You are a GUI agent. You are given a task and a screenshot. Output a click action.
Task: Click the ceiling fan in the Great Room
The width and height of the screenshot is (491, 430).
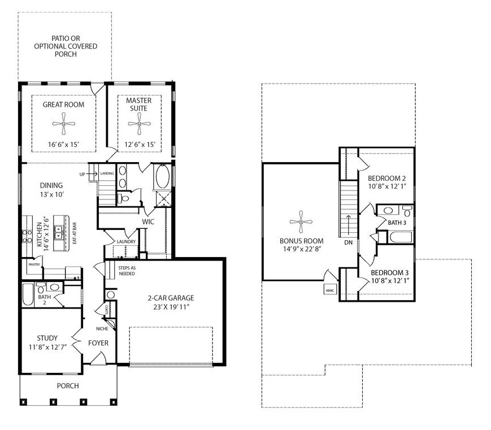point(64,124)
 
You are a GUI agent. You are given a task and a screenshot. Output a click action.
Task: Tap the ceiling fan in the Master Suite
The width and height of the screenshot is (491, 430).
point(139,124)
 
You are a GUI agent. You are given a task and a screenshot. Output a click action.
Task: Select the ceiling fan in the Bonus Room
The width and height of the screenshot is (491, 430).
point(301,221)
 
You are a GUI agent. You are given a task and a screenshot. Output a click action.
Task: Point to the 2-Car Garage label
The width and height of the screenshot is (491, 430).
point(171,298)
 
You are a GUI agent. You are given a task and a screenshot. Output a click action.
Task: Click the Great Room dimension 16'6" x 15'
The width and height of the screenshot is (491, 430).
point(63,145)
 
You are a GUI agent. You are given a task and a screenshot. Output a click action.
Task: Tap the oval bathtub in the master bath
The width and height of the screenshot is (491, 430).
point(162,176)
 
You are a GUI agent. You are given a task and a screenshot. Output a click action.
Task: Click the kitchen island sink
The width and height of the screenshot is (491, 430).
point(59,233)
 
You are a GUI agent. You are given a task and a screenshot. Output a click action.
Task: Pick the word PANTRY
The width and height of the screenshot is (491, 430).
point(34,264)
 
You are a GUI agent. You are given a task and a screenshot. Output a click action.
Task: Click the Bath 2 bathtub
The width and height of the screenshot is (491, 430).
point(28,294)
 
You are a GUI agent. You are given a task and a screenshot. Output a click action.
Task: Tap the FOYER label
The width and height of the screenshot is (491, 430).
point(98,343)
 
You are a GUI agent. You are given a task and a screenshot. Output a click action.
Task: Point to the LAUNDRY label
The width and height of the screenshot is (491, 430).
point(126,241)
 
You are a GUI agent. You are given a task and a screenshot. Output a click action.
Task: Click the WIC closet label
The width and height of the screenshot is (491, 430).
point(148,221)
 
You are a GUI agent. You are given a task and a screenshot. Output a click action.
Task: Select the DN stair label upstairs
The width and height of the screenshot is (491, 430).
point(349,242)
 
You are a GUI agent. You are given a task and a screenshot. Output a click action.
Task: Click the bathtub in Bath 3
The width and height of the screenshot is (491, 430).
point(401,237)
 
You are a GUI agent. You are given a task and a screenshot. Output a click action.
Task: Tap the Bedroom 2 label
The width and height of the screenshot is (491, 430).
point(386,178)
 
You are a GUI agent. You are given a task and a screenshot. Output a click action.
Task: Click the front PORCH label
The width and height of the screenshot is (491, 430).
point(68,385)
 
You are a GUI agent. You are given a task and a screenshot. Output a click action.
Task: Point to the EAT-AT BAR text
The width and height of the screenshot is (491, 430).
point(75,233)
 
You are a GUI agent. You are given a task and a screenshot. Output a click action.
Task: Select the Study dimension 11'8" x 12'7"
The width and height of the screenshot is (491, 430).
point(47,347)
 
